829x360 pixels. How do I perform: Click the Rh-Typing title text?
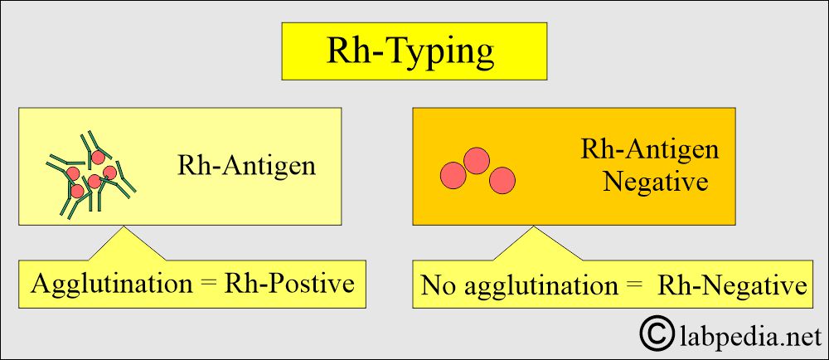pyautogui.click(x=410, y=51)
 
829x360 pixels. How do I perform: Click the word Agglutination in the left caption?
pyautogui.click(x=111, y=285)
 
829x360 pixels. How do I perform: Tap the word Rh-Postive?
pyautogui.click(x=288, y=284)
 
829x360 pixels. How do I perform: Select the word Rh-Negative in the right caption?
pyautogui.click(x=731, y=286)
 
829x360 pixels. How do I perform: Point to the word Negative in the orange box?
pyautogui.click(x=656, y=182)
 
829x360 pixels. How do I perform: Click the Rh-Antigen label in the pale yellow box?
pyautogui.click(x=246, y=166)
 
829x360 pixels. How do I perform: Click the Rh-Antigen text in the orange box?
pyautogui.click(x=650, y=149)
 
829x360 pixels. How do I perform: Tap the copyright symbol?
pyautogui.click(x=657, y=333)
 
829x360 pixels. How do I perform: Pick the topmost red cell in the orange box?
pyautogui.click(x=477, y=160)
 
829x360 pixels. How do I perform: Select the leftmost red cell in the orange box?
pyautogui.click(x=453, y=176)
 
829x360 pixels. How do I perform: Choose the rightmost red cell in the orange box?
pyautogui.click(x=502, y=180)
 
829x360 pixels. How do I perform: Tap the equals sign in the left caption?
pyautogui.click(x=208, y=285)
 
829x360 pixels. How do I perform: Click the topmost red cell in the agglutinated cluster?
pyautogui.click(x=97, y=158)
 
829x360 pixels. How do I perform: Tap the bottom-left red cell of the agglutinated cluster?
pyautogui.click(x=77, y=191)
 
